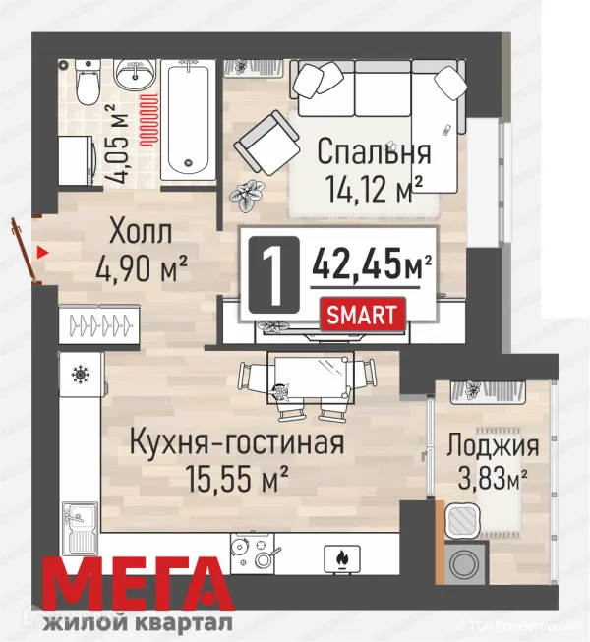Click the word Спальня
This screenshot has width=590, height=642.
coord(373,152)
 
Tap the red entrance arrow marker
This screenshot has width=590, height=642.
coord(40,252)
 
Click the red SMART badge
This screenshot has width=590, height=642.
coord(362,316)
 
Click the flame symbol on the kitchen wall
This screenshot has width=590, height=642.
coord(341,558)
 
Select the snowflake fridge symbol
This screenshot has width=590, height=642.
coord(79,375)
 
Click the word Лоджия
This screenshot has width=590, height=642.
coord(491,445)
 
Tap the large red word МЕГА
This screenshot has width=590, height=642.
coord(143,587)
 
